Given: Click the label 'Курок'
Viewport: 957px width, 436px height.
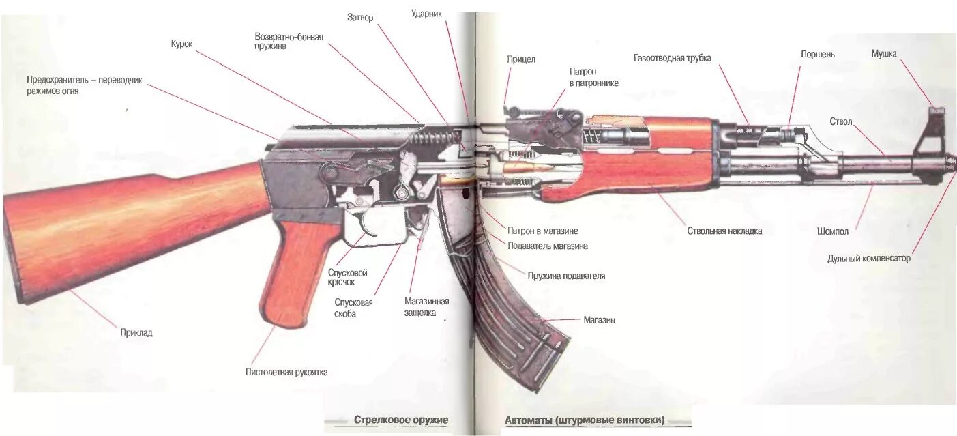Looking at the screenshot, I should pos(181,44).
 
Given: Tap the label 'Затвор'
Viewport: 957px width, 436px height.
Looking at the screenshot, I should pos(360,18).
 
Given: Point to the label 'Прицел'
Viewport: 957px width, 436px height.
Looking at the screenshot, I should pos(521,59).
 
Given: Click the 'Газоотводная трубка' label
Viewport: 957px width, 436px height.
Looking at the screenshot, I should pos(672,58).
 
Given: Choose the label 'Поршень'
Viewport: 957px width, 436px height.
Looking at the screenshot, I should pos(817,54).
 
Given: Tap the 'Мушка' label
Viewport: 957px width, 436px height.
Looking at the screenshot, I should pos(883,53).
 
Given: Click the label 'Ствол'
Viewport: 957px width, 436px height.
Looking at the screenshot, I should pos(840,121).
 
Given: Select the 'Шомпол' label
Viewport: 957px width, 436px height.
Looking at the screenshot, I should pos(833,231).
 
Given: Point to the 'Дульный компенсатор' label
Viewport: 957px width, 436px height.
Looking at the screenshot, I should pos(868,259).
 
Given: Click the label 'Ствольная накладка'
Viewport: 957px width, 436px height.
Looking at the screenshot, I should pos(724,231).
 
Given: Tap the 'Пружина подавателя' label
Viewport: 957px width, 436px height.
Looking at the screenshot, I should pos(566,276).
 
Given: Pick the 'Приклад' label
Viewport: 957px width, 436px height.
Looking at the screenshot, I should pos(136,333).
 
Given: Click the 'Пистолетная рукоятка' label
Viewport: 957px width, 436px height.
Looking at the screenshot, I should pos(286,372).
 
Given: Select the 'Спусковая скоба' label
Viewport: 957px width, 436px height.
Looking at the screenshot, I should pos(354,308).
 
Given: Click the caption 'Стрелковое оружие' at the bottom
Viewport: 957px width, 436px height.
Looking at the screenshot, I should pos(401,420).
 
